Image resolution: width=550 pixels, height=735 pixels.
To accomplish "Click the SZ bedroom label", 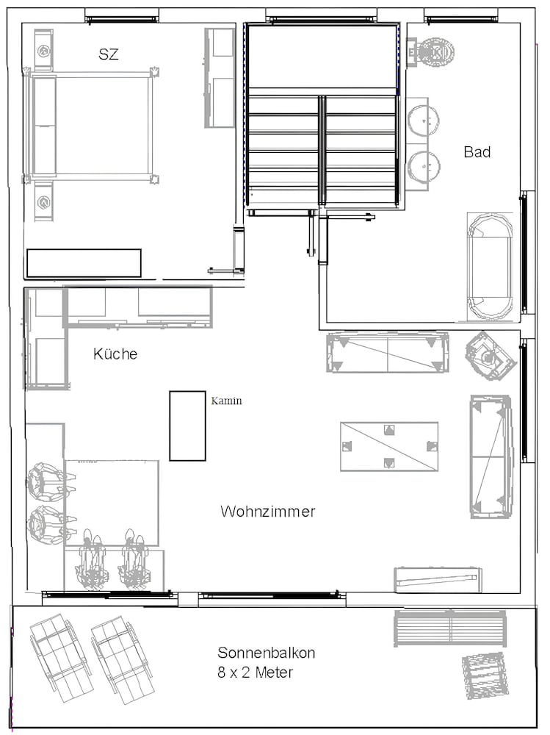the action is [108, 54].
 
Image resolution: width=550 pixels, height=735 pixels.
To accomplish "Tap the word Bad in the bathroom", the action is [477, 152].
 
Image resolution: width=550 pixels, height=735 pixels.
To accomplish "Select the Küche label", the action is [115, 354].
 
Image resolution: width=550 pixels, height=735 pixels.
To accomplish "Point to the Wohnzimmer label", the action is [267, 511].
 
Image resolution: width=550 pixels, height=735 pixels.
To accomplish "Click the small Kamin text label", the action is [226, 401].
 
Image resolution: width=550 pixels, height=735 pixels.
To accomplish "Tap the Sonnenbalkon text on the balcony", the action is [266, 653].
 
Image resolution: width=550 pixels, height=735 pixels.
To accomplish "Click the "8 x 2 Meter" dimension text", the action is [256, 673].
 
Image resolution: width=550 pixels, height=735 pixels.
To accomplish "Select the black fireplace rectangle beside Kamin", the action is [187, 426].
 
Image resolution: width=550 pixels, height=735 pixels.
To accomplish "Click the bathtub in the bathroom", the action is [490, 266].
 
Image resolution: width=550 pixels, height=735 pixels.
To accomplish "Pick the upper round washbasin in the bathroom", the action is [424, 121].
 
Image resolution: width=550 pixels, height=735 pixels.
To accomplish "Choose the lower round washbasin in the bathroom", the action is [424, 166].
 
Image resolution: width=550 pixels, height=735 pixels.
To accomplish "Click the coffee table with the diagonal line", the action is [389, 447].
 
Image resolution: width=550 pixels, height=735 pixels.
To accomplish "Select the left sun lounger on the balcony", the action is [60, 657].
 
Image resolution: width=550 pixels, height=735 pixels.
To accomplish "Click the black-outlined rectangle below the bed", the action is [84, 263].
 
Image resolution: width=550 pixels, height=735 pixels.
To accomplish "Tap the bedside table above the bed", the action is [43, 50].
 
